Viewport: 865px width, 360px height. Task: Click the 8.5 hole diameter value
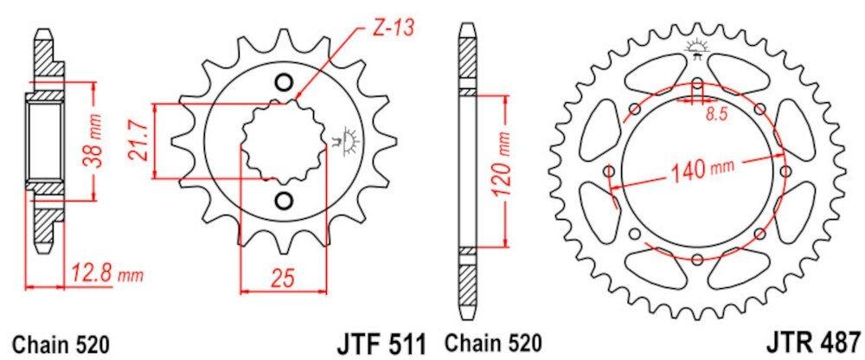coord(714,113)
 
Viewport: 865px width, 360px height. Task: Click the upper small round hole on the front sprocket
coord(282,83)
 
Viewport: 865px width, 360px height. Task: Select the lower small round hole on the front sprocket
coord(282,201)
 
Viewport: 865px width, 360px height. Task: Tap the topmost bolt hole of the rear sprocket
coord(697,84)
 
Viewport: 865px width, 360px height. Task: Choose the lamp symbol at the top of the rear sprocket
coord(696,48)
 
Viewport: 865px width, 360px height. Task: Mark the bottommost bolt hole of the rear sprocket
coord(697,257)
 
